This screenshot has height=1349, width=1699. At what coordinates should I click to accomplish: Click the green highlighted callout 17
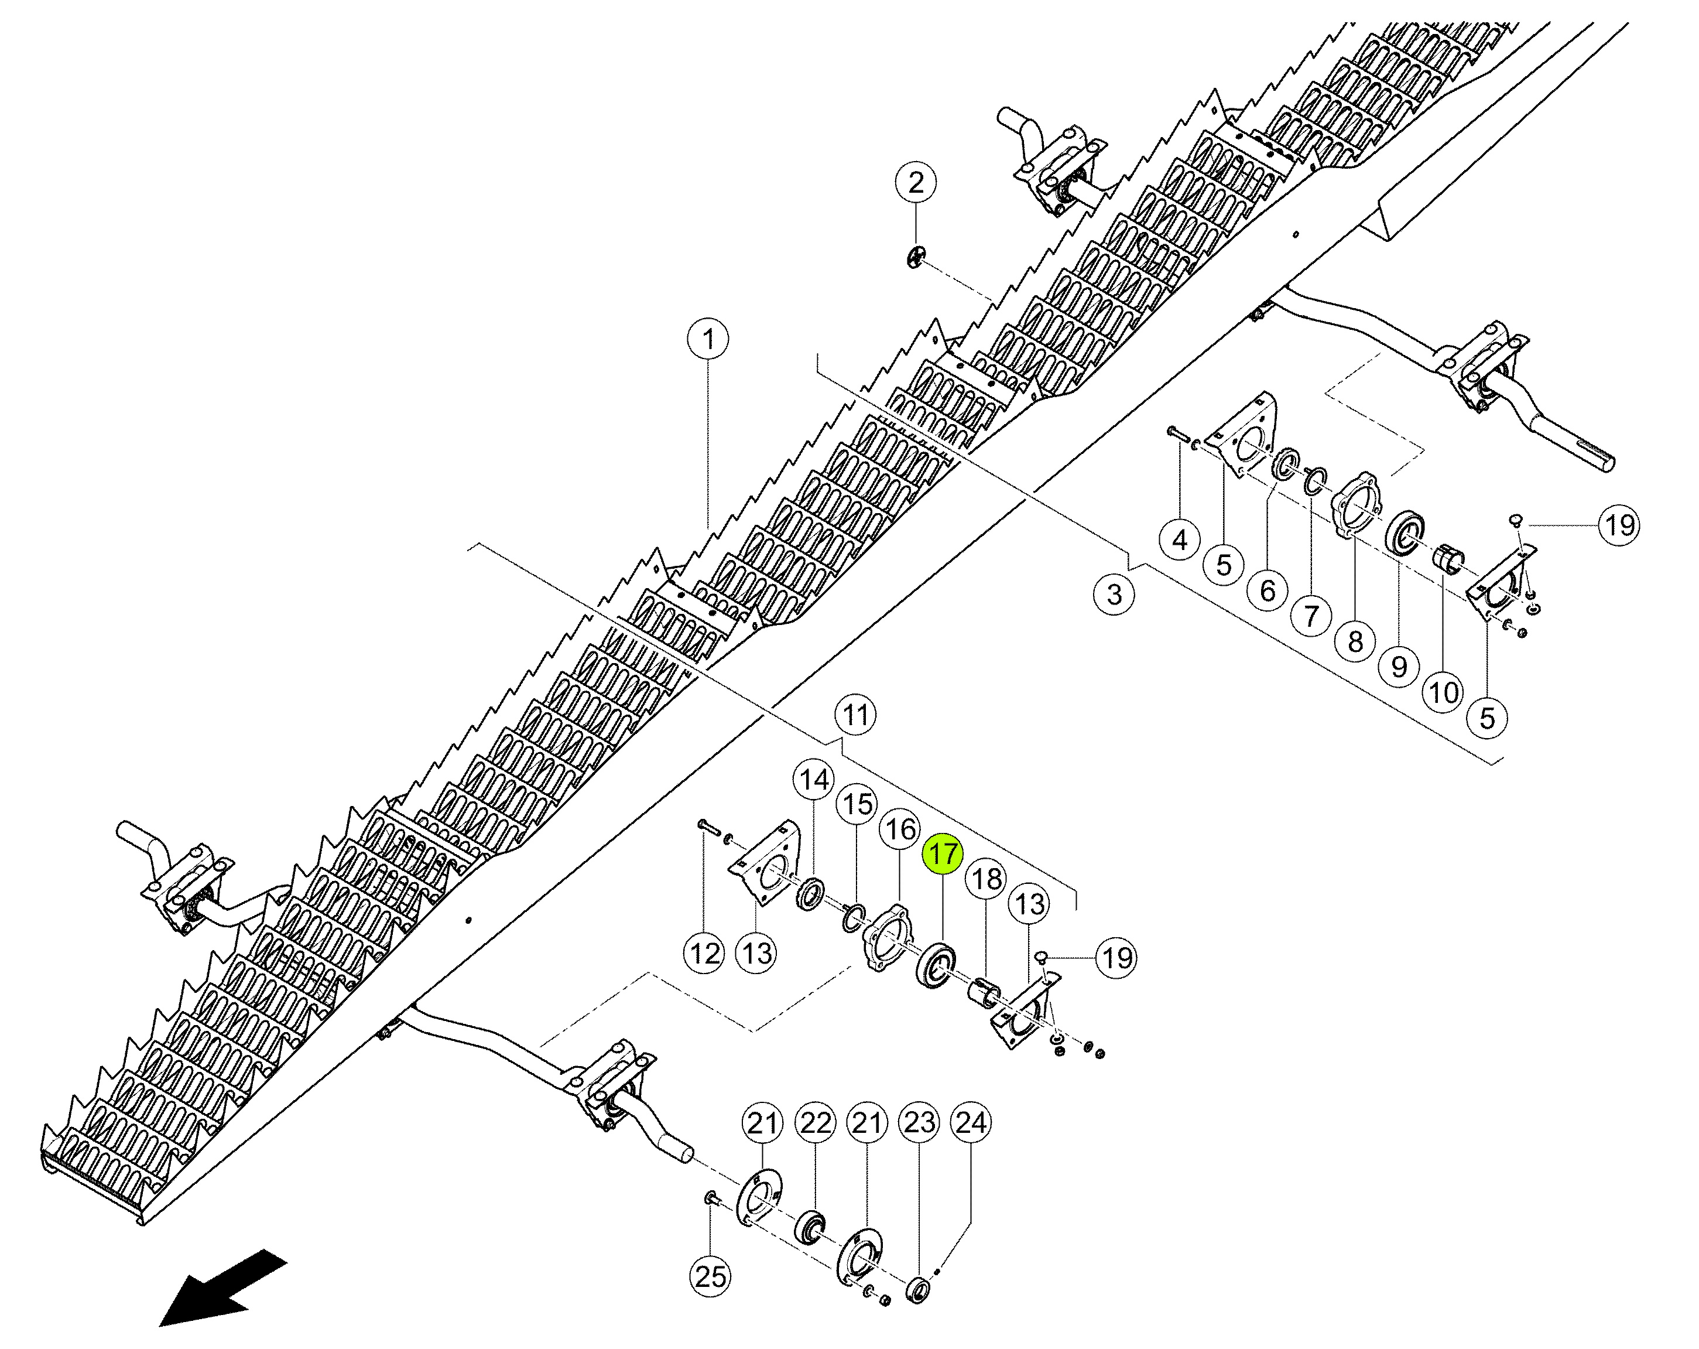tap(943, 854)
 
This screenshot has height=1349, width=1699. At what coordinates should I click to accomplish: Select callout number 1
tap(708, 340)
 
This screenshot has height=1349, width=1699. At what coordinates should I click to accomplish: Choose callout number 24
tap(971, 1123)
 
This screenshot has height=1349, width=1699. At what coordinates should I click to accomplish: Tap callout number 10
tap(1444, 693)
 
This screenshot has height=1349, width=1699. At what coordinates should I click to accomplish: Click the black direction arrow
tap(223, 1287)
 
